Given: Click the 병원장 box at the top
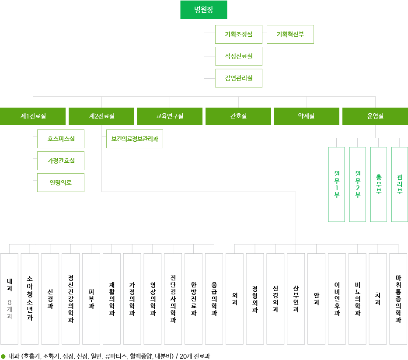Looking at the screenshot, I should [x=204, y=10].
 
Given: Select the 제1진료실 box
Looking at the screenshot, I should [x=33, y=116].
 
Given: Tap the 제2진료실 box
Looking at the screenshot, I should [x=101, y=116].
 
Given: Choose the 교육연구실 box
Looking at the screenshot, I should [x=170, y=116].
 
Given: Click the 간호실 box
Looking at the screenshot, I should [x=238, y=116].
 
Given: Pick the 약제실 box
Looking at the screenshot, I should [x=307, y=116].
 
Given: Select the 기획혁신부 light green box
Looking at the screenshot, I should [x=290, y=34].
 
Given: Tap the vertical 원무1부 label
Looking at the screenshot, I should [x=336, y=182].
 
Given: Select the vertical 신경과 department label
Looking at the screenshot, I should [x=51, y=300].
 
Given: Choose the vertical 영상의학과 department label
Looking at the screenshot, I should [x=153, y=298].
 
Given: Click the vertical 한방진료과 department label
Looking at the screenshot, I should [x=194, y=300].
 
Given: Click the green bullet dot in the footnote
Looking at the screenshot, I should [x=3, y=356].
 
